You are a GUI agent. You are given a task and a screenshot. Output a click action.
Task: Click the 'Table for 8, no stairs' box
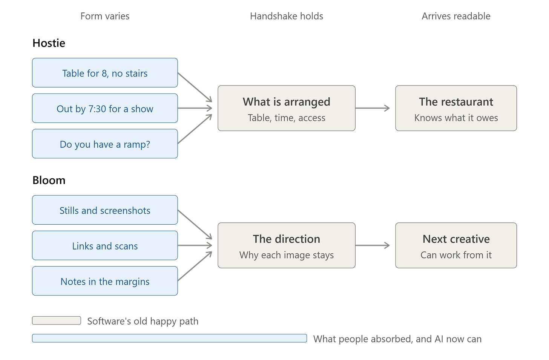(105, 73)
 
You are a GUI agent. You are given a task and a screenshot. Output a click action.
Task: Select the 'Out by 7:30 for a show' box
(105, 108)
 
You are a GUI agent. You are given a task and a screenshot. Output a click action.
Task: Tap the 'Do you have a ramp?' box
(105, 144)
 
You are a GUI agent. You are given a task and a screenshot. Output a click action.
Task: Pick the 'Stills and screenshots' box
(105, 210)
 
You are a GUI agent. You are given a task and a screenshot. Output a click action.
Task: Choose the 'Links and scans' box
(105, 245)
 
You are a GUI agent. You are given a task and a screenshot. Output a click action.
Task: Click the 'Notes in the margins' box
(105, 281)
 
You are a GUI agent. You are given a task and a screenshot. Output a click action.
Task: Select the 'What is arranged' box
(287, 108)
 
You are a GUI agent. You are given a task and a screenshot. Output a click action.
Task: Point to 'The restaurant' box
(456, 108)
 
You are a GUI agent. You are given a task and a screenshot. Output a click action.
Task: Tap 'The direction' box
(287, 245)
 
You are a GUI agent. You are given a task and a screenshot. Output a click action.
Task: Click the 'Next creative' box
(456, 245)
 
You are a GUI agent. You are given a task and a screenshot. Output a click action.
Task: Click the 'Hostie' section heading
(49, 43)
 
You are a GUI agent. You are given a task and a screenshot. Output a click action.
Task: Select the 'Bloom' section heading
(49, 180)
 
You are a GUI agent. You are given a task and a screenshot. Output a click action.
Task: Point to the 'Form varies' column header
(105, 16)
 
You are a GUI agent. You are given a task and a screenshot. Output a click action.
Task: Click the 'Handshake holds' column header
(287, 16)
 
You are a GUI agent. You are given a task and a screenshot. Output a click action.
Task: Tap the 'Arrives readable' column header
(456, 16)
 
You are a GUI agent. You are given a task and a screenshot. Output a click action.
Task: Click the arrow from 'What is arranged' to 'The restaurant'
(373, 108)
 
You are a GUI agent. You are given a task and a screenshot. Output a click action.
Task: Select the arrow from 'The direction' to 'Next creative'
(373, 245)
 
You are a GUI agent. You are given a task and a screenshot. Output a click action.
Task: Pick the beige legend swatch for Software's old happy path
(57, 320)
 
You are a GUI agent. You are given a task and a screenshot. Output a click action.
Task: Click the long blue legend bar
(169, 338)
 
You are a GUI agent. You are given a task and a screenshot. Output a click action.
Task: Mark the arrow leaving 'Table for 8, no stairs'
(195, 87)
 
